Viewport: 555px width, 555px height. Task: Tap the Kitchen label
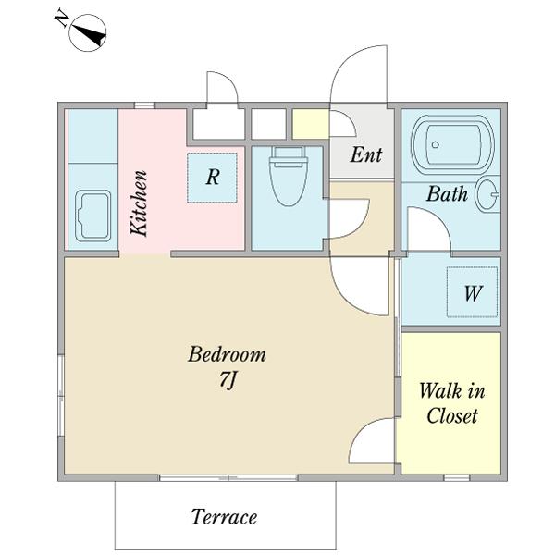pyautogui.click(x=139, y=203)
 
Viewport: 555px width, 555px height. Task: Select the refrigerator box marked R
pyautogui.click(x=212, y=178)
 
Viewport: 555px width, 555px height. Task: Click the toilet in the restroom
pyautogui.click(x=289, y=176)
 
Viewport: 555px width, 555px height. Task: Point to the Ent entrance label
pyautogui.click(x=366, y=154)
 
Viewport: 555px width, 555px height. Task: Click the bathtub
pyautogui.click(x=452, y=144)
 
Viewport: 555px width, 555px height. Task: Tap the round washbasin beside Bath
pyautogui.click(x=487, y=194)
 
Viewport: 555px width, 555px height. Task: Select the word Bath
pyautogui.click(x=447, y=193)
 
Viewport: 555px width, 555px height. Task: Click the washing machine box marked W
pyautogui.click(x=472, y=292)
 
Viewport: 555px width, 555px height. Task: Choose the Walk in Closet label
pyautogui.click(x=452, y=403)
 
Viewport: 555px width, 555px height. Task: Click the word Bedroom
pyautogui.click(x=227, y=354)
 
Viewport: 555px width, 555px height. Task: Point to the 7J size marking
pyautogui.click(x=228, y=381)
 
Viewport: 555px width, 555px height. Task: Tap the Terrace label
pyautogui.click(x=224, y=517)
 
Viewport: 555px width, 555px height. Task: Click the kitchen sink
pyautogui.click(x=93, y=216)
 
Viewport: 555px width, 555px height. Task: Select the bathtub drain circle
pyautogui.click(x=436, y=144)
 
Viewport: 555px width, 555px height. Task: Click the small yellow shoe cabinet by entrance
pyautogui.click(x=311, y=124)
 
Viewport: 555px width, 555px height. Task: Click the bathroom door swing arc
pyautogui.click(x=438, y=218)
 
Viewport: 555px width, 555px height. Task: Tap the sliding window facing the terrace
pyautogui.click(x=228, y=478)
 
